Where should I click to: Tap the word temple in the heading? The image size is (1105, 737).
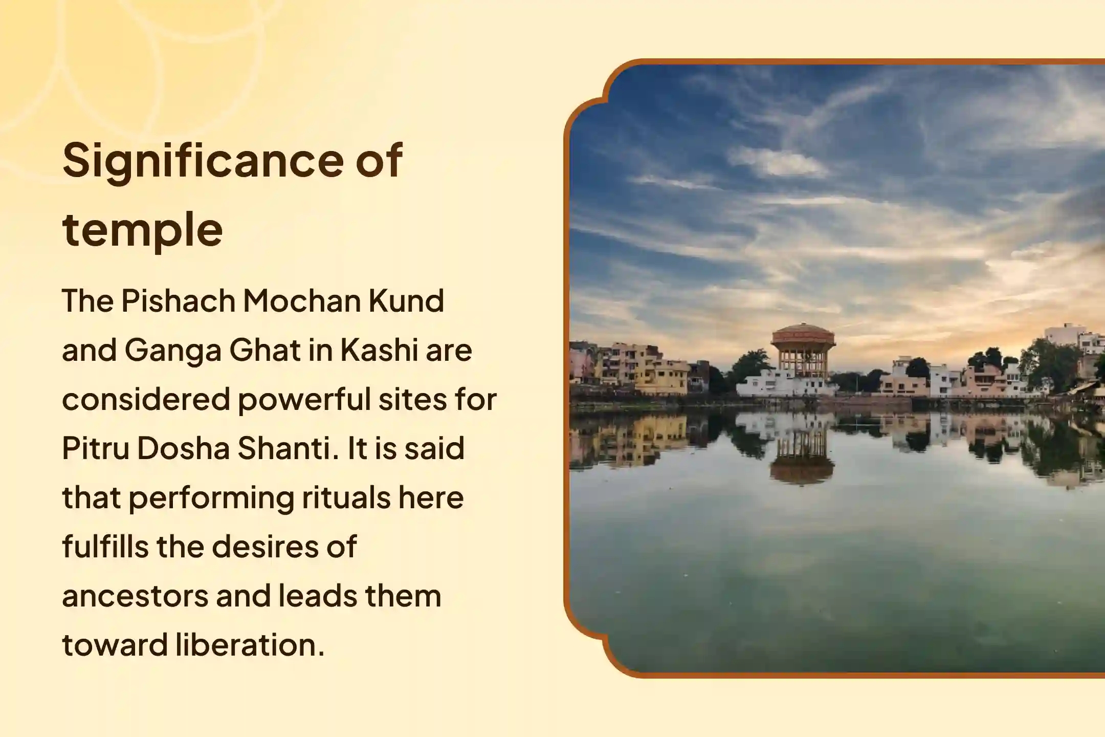[x=142, y=230]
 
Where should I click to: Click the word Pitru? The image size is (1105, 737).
[x=96, y=448]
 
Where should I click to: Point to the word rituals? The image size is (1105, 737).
[x=346, y=497]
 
